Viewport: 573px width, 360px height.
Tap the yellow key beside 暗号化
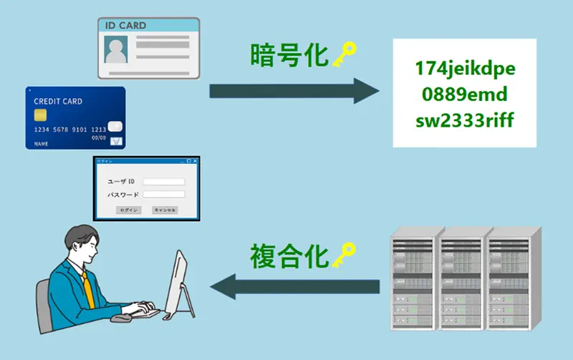click(x=342, y=55)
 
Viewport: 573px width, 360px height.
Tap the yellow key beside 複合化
click(x=342, y=255)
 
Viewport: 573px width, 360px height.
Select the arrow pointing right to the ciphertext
click(x=294, y=91)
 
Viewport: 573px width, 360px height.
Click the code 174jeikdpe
click(x=465, y=69)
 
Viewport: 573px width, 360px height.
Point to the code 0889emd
click(x=465, y=94)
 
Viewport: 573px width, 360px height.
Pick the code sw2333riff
click(x=465, y=119)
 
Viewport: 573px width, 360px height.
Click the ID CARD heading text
click(x=126, y=26)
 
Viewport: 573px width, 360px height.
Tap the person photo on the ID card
click(x=116, y=50)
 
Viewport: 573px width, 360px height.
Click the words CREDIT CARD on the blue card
click(x=58, y=102)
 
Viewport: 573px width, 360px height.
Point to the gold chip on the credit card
click(x=41, y=115)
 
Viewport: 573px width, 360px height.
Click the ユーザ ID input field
click(x=163, y=182)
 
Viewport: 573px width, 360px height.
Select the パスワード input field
click(x=163, y=194)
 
